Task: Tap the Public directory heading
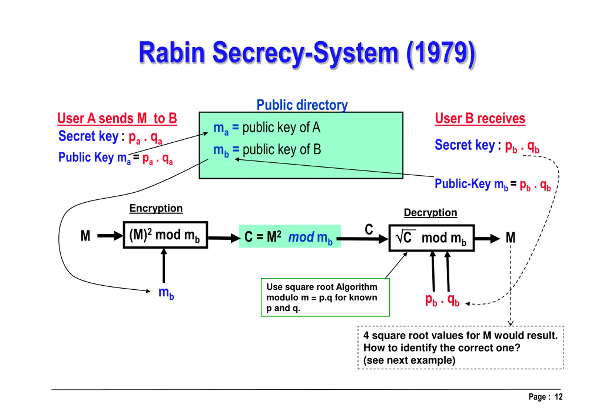[302, 105]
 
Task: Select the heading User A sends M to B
[117, 118]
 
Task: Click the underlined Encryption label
[156, 208]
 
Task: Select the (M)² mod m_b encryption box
[165, 235]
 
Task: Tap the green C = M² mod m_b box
[290, 237]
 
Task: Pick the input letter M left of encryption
[86, 236]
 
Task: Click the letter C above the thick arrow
[369, 229]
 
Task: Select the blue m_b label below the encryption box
[166, 292]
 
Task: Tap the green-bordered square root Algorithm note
[325, 297]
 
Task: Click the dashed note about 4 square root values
[460, 347]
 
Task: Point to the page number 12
[558, 397]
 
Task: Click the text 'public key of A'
[281, 128]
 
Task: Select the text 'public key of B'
[281, 150]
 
